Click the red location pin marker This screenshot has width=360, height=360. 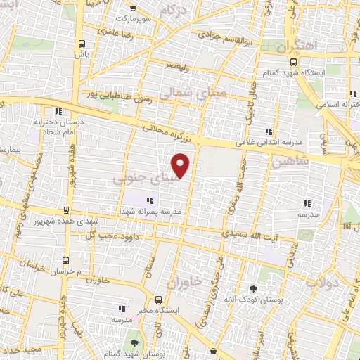(181, 165)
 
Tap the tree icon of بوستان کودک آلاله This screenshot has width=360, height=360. (254, 289)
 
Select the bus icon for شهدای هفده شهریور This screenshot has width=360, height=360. (66, 210)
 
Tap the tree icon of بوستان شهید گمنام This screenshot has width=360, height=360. (133, 342)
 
